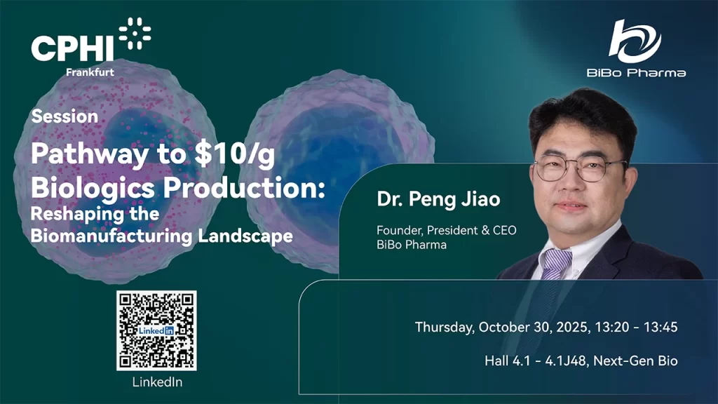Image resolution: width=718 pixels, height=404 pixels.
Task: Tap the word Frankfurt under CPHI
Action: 90,72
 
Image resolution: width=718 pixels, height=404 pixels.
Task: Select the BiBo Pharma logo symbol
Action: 635,40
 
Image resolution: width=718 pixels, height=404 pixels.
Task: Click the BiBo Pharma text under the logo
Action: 635,72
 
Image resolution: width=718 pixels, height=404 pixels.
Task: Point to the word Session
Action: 65,116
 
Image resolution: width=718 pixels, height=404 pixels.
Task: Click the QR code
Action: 156,330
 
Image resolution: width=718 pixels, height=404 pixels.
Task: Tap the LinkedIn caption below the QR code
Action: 156,382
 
